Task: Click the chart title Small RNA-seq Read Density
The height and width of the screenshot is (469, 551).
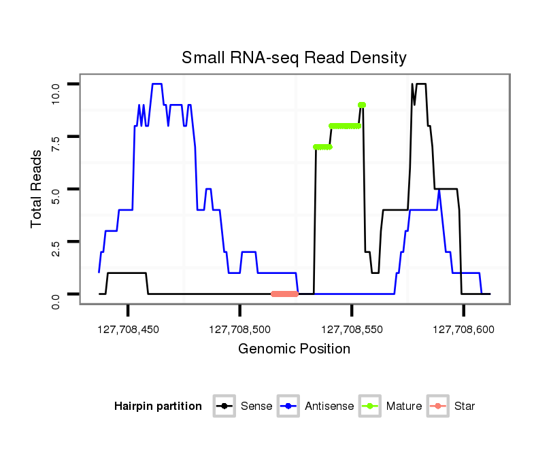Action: (x=294, y=58)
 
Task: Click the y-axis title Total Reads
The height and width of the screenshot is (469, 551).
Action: (x=38, y=188)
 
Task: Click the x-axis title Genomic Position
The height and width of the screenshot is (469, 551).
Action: (x=294, y=349)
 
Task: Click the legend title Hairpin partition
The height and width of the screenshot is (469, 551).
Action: (x=158, y=406)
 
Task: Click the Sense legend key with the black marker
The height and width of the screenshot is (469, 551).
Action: (x=224, y=406)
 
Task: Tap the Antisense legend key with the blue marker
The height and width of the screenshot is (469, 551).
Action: (x=288, y=406)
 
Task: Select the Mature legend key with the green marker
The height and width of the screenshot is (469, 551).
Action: (x=370, y=406)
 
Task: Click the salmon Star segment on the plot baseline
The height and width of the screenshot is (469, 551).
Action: (x=284, y=294)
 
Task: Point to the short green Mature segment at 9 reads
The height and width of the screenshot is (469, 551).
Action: (x=361, y=105)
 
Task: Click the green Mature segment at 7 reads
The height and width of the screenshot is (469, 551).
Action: (x=322, y=147)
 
